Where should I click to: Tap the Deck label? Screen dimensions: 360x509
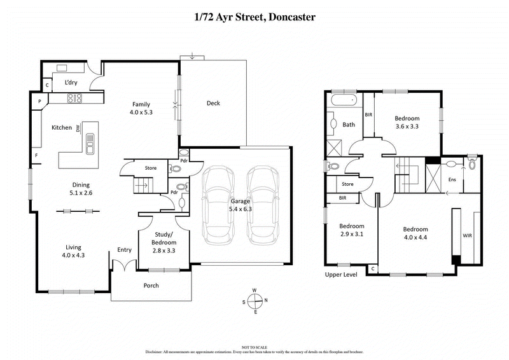coord(213,103)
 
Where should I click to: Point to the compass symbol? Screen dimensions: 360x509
coord(254,301)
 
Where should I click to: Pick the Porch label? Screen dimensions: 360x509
coord(151,286)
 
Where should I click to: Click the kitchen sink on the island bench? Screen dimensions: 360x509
coord(90,143)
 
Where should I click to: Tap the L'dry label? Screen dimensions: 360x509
coord(72,83)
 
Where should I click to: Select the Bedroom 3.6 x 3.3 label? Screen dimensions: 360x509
coord(407,122)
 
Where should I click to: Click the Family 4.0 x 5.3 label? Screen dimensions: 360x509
coord(141,108)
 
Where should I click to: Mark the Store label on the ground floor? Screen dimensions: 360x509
coord(150,168)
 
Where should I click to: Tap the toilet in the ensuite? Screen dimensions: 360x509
coord(471,165)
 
